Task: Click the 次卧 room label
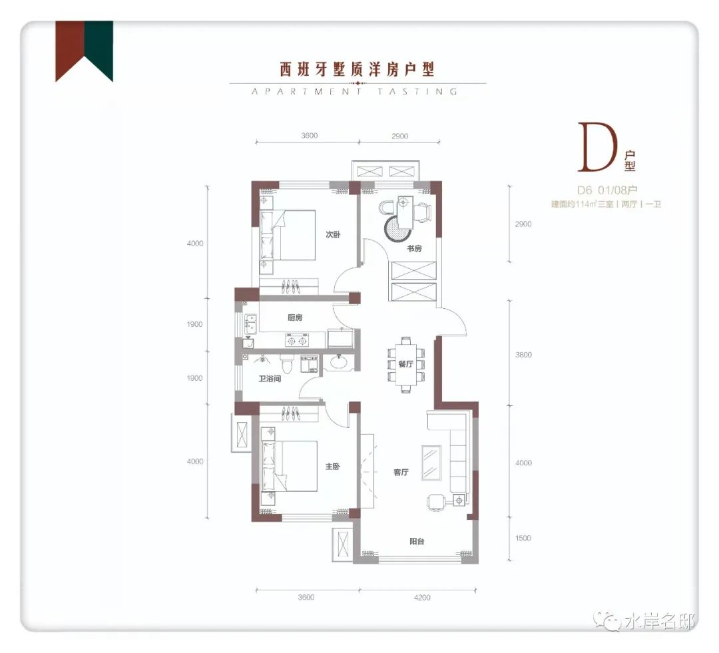(333, 234)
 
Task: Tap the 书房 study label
(414, 248)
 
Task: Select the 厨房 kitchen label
(295, 318)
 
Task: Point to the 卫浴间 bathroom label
(269, 378)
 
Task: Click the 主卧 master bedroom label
(332, 467)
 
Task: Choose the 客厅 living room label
(401, 472)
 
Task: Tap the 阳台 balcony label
(417, 541)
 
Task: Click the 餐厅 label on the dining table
(406, 364)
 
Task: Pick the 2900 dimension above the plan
(400, 136)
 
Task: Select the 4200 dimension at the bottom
(422, 598)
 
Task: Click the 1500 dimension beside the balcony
(523, 539)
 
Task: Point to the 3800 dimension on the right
(523, 355)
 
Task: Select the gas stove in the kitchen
(297, 341)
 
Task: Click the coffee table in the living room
(431, 463)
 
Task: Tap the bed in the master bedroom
(290, 466)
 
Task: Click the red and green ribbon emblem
(85, 51)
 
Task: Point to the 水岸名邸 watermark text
(659, 622)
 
